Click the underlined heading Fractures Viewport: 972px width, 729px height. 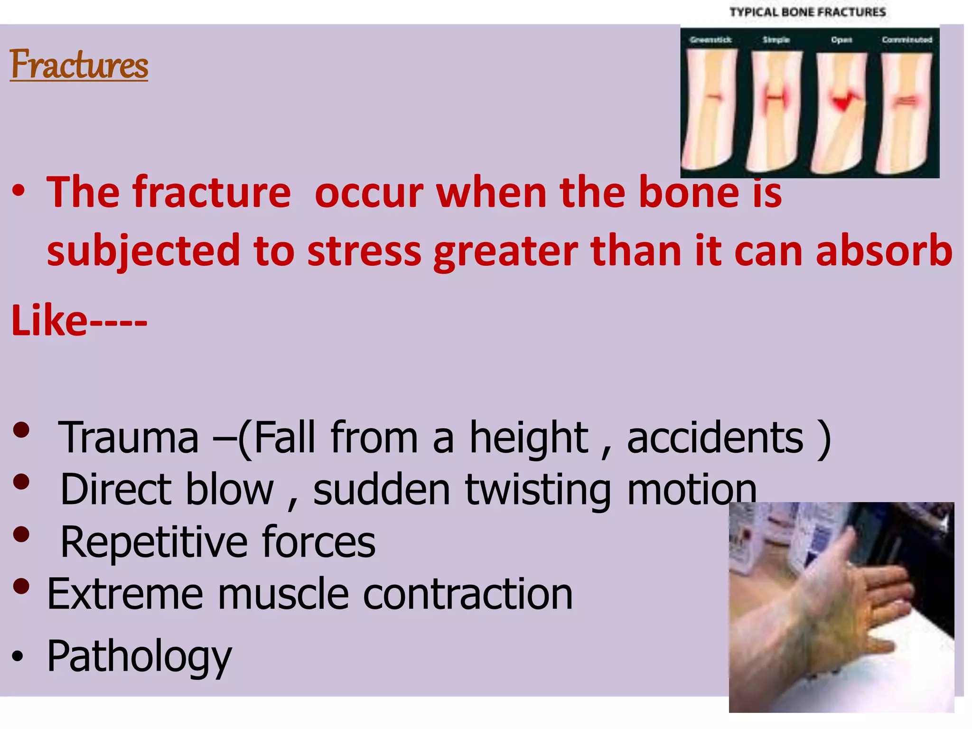point(79,65)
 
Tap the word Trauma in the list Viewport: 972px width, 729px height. point(128,438)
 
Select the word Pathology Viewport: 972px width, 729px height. point(139,656)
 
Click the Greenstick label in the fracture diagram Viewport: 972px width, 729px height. point(710,40)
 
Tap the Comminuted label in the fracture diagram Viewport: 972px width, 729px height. point(907,40)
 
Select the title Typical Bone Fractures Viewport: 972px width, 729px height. point(807,12)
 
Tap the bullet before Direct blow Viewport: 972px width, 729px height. point(22,483)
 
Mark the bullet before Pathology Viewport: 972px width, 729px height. point(18,657)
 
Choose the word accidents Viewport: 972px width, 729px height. point(715,438)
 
